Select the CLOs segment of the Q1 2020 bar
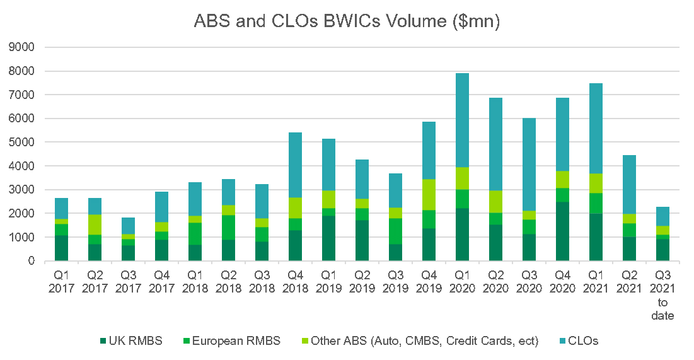pyautogui.click(x=463, y=120)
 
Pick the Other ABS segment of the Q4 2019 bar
pyautogui.click(x=429, y=194)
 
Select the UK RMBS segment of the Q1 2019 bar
pyautogui.click(x=329, y=238)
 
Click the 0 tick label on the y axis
pyautogui.click(x=31, y=261)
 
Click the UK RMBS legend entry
pyautogui.click(x=135, y=341)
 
